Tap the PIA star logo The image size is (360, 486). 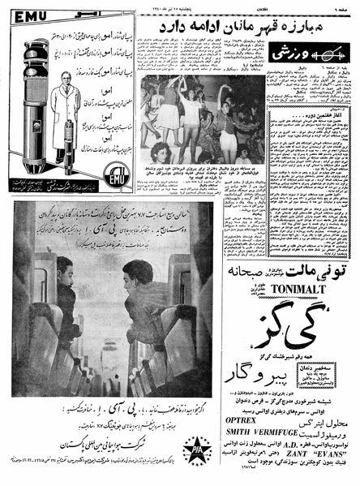pyautogui.click(x=196, y=445)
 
